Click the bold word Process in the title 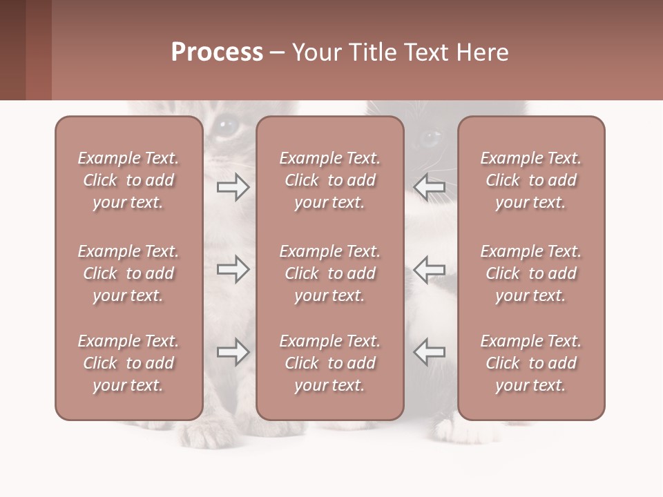(217, 52)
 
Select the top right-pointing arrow (233, 187)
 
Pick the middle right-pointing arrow (233, 269)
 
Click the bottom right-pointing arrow (233, 352)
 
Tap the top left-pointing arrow (429, 187)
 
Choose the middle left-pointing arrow (429, 269)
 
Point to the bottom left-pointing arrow (429, 352)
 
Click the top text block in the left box (128, 180)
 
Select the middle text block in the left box (128, 273)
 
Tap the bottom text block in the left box (128, 363)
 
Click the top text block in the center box (330, 180)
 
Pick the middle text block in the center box (330, 273)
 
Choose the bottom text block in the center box (330, 363)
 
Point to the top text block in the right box (531, 180)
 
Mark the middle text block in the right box (531, 273)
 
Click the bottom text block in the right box (531, 363)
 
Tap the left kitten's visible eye (225, 126)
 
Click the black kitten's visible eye (430, 138)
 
